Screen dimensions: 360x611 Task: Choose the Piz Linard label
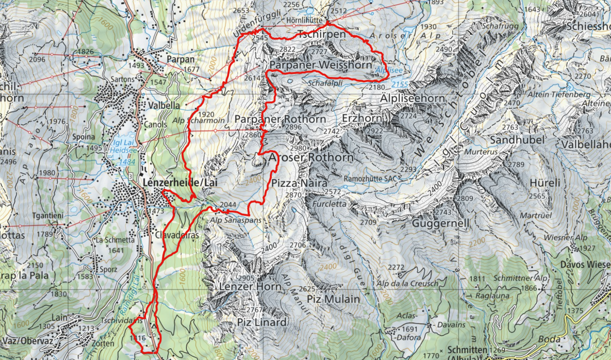261,323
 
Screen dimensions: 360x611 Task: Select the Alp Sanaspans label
236,220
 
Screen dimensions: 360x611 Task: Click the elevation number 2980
297,148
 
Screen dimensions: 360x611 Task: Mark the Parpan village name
180,59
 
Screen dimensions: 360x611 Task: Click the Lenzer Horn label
250,287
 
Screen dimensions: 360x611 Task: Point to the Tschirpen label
321,34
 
